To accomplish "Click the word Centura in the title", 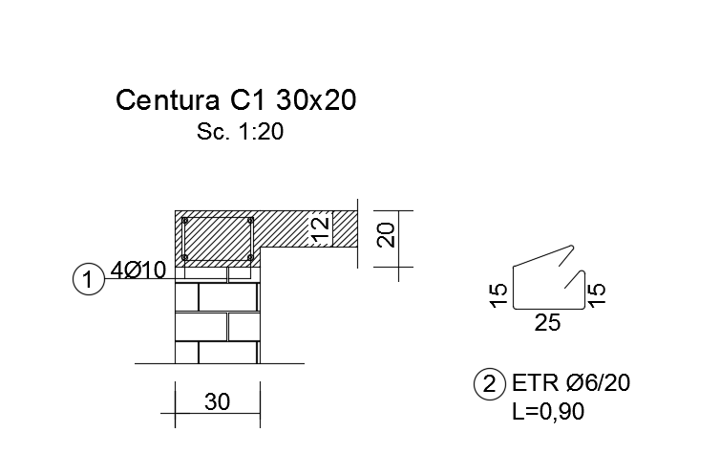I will (x=168, y=100).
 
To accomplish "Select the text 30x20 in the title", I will (x=317, y=100).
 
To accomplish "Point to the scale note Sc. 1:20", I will (x=240, y=133).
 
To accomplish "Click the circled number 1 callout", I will (x=87, y=280).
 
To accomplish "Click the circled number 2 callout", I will (x=489, y=385).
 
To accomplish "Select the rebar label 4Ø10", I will (x=138, y=270).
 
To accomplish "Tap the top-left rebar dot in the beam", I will (x=186, y=221).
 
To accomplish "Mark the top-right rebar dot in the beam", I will (x=250, y=221).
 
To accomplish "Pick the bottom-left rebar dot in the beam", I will (x=186, y=257).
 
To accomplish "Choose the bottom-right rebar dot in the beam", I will (x=250, y=257).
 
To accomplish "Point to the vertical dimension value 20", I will (x=385, y=235).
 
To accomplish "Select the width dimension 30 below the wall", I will (x=217, y=402).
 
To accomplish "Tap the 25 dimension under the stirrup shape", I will (x=547, y=323).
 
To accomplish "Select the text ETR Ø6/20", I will (x=570, y=384).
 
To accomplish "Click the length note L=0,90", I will (x=548, y=412).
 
